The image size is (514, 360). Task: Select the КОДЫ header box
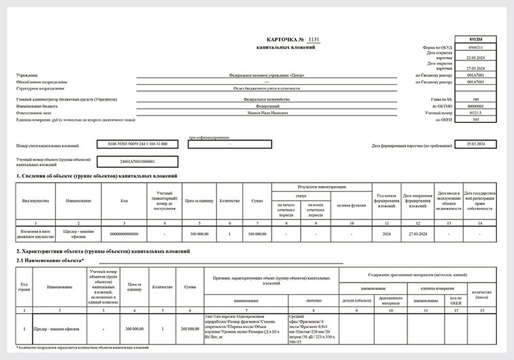tap(475, 41)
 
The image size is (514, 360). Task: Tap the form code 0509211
tap(475, 48)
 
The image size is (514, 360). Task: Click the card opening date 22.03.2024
tap(475, 58)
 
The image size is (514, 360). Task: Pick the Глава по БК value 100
tap(475, 99)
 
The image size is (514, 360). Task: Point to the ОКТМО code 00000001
tap(475, 106)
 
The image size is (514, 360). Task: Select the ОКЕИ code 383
tap(475, 119)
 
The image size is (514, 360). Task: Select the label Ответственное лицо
tap(33, 113)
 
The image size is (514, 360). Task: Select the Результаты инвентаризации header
tap(321, 186)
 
